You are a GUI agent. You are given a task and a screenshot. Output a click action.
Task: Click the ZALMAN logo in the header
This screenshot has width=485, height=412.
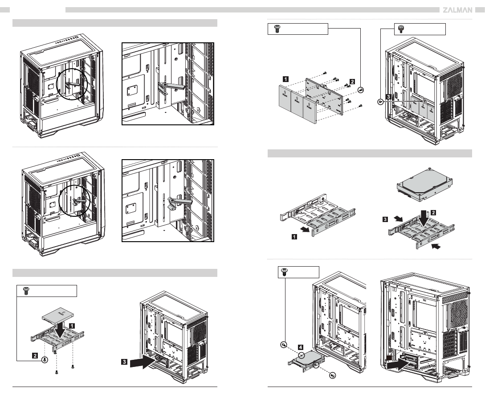coord(457,10)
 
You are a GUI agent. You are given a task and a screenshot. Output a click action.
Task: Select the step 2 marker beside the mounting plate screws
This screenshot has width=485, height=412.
coord(352,82)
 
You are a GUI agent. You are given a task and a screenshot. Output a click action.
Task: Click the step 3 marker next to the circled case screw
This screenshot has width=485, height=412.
coord(388,97)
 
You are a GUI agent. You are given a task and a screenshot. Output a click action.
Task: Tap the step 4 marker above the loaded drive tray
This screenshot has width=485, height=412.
coord(302,346)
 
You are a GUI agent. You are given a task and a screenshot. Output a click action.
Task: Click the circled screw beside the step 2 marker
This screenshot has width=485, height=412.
coord(45,361)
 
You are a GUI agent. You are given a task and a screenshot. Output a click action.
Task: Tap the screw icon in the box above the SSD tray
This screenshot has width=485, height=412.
coord(25,291)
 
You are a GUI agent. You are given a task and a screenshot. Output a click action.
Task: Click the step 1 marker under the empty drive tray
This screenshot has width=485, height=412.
coord(294,237)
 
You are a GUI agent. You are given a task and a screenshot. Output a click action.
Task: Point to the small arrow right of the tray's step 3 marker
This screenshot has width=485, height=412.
coord(400,218)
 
